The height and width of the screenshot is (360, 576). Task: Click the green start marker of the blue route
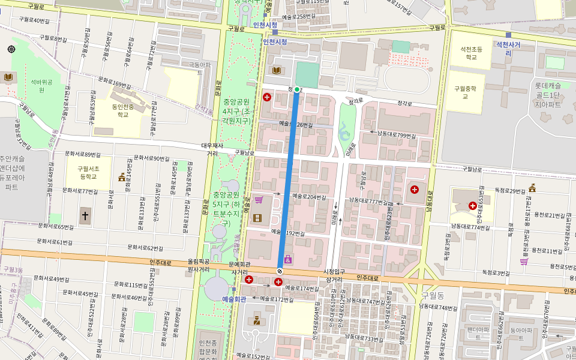[296, 89]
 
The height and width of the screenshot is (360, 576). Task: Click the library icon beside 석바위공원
[8, 77]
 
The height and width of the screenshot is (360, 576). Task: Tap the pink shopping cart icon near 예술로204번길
[259, 200]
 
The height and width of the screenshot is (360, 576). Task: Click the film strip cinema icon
[257, 218]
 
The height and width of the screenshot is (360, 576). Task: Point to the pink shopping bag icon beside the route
[288, 259]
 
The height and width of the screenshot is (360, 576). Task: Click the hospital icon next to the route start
[267, 97]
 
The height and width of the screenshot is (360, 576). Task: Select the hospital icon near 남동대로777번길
[414, 190]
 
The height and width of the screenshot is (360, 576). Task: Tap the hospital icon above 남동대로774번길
[473, 206]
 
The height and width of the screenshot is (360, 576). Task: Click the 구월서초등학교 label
[88, 173]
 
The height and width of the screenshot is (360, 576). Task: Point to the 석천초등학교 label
[472, 53]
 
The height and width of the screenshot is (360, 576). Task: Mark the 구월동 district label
[432, 296]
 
